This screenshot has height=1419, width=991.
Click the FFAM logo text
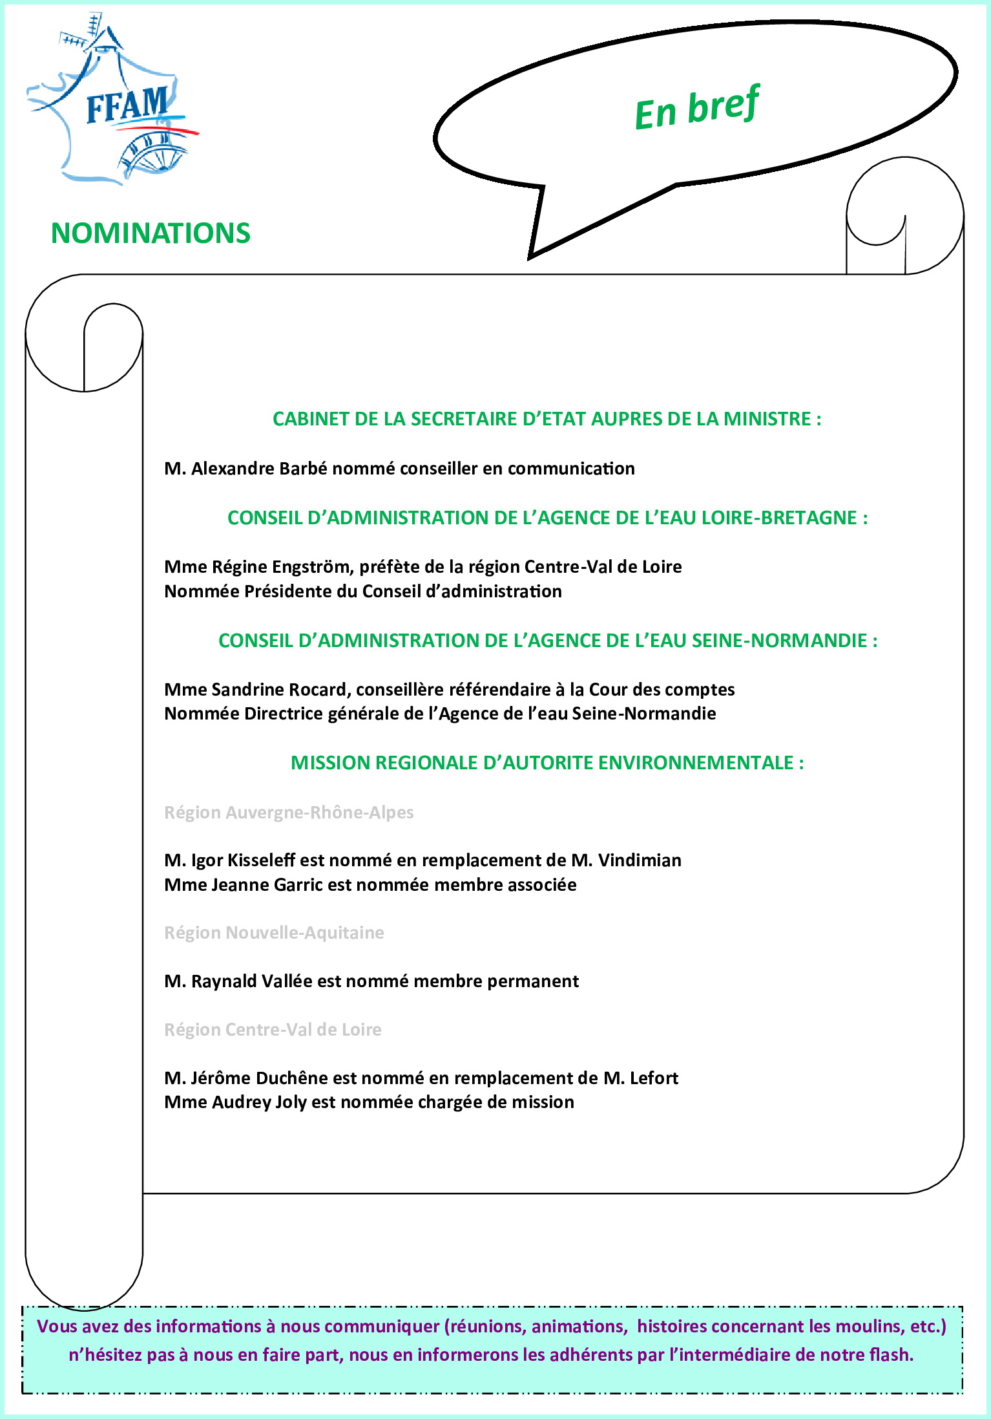(127, 105)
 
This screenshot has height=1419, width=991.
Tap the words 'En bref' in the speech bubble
(696, 108)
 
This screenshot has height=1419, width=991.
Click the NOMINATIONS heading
(151, 233)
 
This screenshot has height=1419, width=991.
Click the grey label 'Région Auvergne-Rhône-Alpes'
(289, 813)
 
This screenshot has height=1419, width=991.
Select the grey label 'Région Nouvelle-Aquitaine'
(274, 933)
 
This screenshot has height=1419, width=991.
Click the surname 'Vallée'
(287, 981)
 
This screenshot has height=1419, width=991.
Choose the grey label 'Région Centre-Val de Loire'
(273, 1030)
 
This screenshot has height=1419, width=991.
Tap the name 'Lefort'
(654, 1078)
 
